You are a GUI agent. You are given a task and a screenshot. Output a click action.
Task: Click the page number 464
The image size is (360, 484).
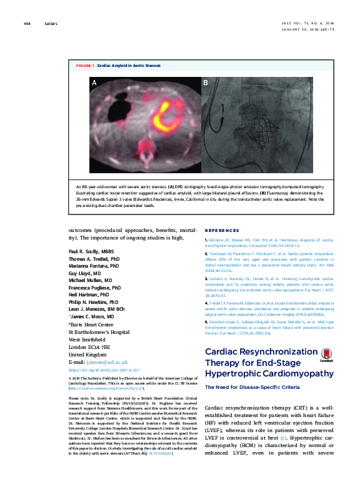[x=27, y=24]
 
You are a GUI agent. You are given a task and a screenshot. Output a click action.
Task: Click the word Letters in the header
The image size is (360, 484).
[x=51, y=24]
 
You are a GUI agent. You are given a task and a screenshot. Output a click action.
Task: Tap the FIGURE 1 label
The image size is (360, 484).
[x=84, y=65]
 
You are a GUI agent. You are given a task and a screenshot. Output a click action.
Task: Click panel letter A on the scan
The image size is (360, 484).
[x=94, y=83]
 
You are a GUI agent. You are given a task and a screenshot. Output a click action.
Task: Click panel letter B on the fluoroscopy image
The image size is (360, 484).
[x=205, y=83]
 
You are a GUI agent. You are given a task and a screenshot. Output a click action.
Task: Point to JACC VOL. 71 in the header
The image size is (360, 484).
[x=296, y=24]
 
